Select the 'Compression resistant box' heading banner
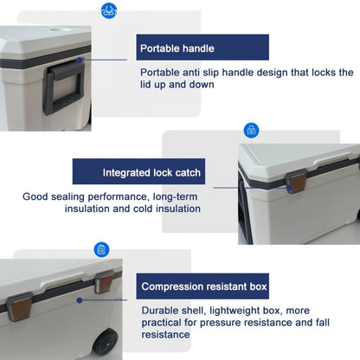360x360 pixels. pyautogui.click(x=204, y=286)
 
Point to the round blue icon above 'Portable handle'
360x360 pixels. pyautogui.click(x=109, y=11)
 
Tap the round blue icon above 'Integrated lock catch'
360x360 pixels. pyautogui.click(x=251, y=131)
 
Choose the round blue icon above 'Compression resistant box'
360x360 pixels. pyautogui.click(x=101, y=249)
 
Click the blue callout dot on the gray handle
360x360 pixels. pyautogui.click(x=80, y=61)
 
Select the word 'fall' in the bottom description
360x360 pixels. pyautogui.click(x=335, y=322)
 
